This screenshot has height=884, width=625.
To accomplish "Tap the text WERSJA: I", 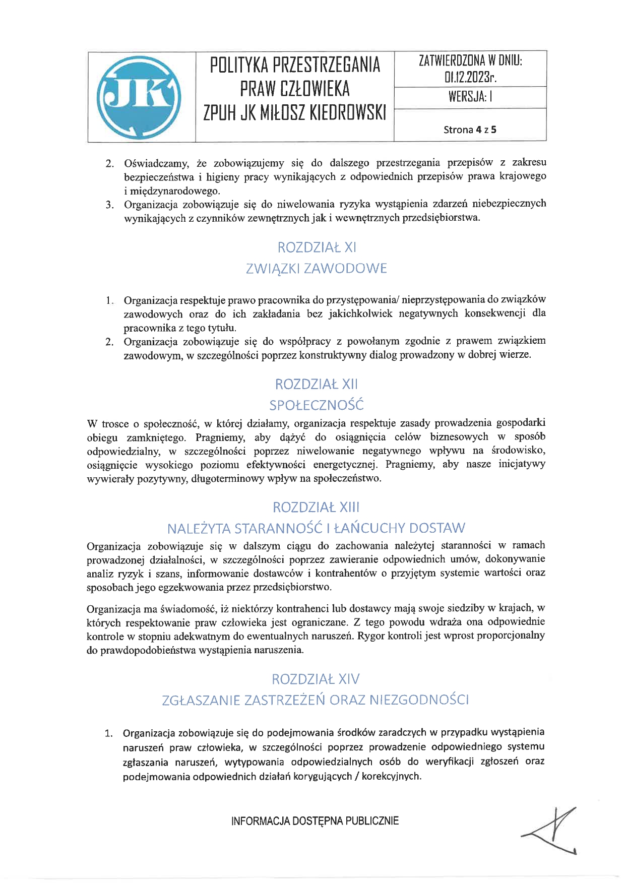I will [470, 97].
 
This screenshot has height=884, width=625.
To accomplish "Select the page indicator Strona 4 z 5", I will [470, 130].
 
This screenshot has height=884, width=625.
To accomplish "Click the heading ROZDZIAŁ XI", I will [317, 247].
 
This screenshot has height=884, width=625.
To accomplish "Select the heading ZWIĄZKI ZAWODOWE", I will [317, 269].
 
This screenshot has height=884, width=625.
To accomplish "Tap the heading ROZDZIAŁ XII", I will [317, 384].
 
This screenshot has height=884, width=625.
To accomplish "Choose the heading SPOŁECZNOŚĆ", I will [317, 405].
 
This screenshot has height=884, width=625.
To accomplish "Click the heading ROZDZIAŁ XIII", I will [317, 507].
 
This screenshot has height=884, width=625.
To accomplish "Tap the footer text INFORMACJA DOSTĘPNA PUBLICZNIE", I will [315, 821].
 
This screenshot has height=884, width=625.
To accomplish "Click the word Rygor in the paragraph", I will [370, 636].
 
